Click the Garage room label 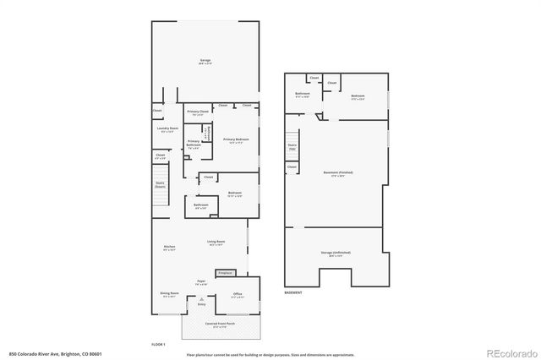205,61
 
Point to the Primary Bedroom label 236,139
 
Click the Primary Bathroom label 194,143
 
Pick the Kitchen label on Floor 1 169,247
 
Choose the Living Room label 216,243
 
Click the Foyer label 201,281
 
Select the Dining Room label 169,293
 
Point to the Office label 238,294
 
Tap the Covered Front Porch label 219,324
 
